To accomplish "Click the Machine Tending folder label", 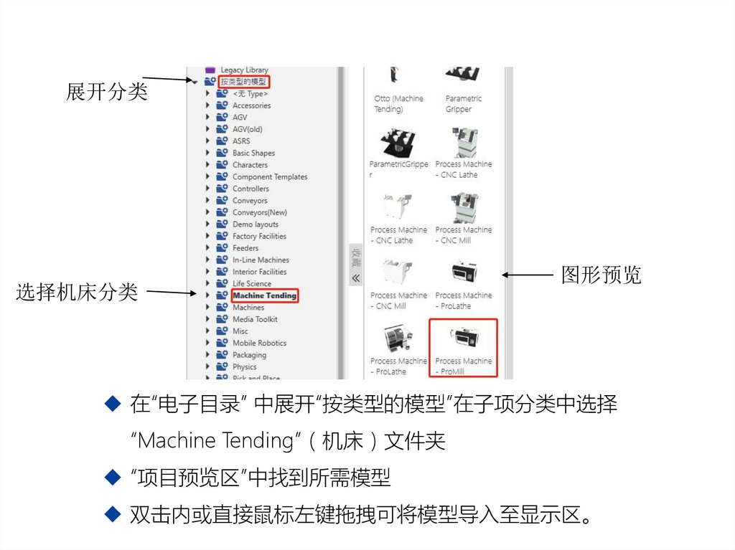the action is (x=264, y=295).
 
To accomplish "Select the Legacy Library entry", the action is (x=244, y=70).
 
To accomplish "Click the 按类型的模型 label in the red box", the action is (x=243, y=82).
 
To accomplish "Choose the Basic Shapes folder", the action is (x=253, y=153).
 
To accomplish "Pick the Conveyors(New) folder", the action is (x=259, y=212).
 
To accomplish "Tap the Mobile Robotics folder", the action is (x=259, y=343).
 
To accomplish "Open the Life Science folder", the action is (x=252, y=284).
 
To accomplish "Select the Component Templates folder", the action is (x=269, y=176).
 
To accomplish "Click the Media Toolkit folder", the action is (x=255, y=319).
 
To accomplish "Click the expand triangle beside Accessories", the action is (x=208, y=105).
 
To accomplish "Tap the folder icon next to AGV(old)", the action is (x=222, y=129).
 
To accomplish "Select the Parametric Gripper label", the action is (x=463, y=104).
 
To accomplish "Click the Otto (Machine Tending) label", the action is (x=398, y=104).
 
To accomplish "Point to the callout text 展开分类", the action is (x=107, y=93).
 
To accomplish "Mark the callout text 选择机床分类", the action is (x=77, y=293).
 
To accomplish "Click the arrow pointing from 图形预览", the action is (x=527, y=275).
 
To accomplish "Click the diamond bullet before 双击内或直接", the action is (x=113, y=513).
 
